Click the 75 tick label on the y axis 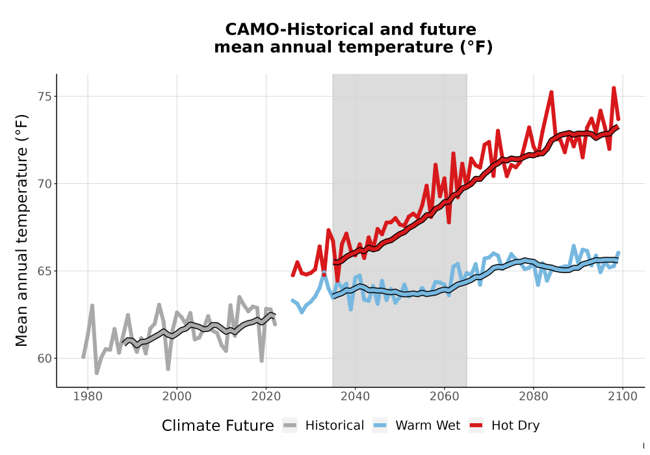[45, 97]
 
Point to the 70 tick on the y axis [45, 183]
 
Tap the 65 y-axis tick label [45, 271]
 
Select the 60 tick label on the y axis [45, 358]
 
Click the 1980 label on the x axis [88, 396]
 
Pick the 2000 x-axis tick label [177, 396]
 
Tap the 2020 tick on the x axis [266, 396]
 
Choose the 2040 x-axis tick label [356, 396]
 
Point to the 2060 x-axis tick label [445, 396]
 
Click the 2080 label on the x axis [534, 396]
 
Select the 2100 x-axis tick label [623, 396]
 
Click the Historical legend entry [323, 426]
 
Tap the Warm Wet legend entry [416, 426]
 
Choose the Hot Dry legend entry [504, 426]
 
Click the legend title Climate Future [218, 426]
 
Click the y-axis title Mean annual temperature [21, 230]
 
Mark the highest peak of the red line [614, 88]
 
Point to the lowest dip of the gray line [97, 373]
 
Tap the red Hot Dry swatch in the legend [476, 426]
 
